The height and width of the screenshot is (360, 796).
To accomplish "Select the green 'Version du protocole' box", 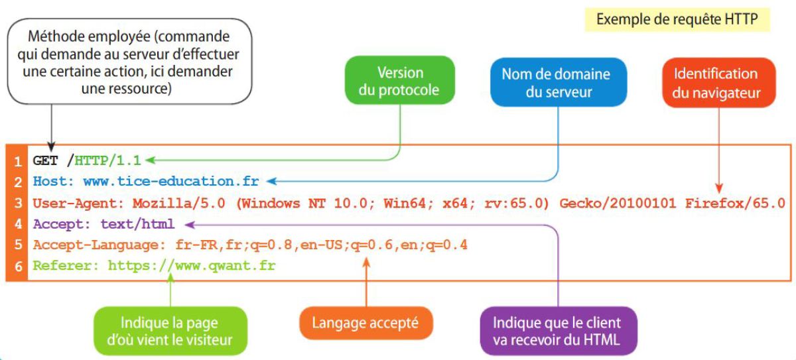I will tap(399, 81).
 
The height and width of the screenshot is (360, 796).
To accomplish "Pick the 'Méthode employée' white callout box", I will tap(131, 60).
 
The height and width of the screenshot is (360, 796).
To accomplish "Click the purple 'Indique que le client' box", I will tap(557, 331).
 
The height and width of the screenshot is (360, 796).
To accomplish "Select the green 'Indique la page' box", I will tap(170, 331).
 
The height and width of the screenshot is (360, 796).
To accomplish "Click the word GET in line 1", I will tap(46, 160).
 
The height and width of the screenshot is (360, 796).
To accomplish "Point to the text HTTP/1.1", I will tap(109, 160).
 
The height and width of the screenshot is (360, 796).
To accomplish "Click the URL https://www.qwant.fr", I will tap(192, 266).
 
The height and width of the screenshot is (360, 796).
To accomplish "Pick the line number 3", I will tap(18, 203).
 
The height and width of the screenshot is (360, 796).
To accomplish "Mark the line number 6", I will tap(18, 267).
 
